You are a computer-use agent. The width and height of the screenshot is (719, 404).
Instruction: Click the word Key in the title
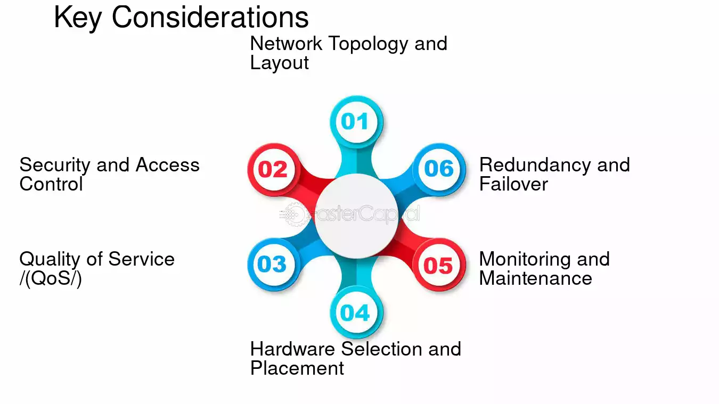point(78,18)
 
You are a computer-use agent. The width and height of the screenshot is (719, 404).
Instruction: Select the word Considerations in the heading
point(210,18)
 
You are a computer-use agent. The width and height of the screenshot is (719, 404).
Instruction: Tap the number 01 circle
point(356,122)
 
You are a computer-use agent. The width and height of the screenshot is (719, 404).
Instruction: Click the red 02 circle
point(273,170)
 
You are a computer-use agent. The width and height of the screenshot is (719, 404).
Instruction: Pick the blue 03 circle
point(273,265)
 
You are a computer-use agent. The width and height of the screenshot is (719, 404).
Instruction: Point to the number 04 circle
point(356,312)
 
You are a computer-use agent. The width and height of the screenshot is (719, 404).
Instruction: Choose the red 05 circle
point(439,265)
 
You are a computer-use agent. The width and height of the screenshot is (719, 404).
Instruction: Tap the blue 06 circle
point(439,170)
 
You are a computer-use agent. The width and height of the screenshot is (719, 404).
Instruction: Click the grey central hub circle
point(356,216)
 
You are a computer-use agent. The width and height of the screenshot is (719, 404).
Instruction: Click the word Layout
point(279,63)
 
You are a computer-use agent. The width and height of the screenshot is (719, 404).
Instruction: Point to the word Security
point(54,166)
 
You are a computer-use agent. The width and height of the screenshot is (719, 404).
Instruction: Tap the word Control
point(51,184)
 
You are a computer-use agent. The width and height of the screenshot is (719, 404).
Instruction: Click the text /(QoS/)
point(51,278)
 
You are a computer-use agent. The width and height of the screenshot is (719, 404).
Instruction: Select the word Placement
point(297,368)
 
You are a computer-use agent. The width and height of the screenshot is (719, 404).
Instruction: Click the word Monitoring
point(525,260)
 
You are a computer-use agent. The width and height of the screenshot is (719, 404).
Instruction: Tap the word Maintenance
point(536,278)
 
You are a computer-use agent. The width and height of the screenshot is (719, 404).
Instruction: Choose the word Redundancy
point(535,166)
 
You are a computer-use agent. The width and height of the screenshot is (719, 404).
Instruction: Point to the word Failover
point(513,184)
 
